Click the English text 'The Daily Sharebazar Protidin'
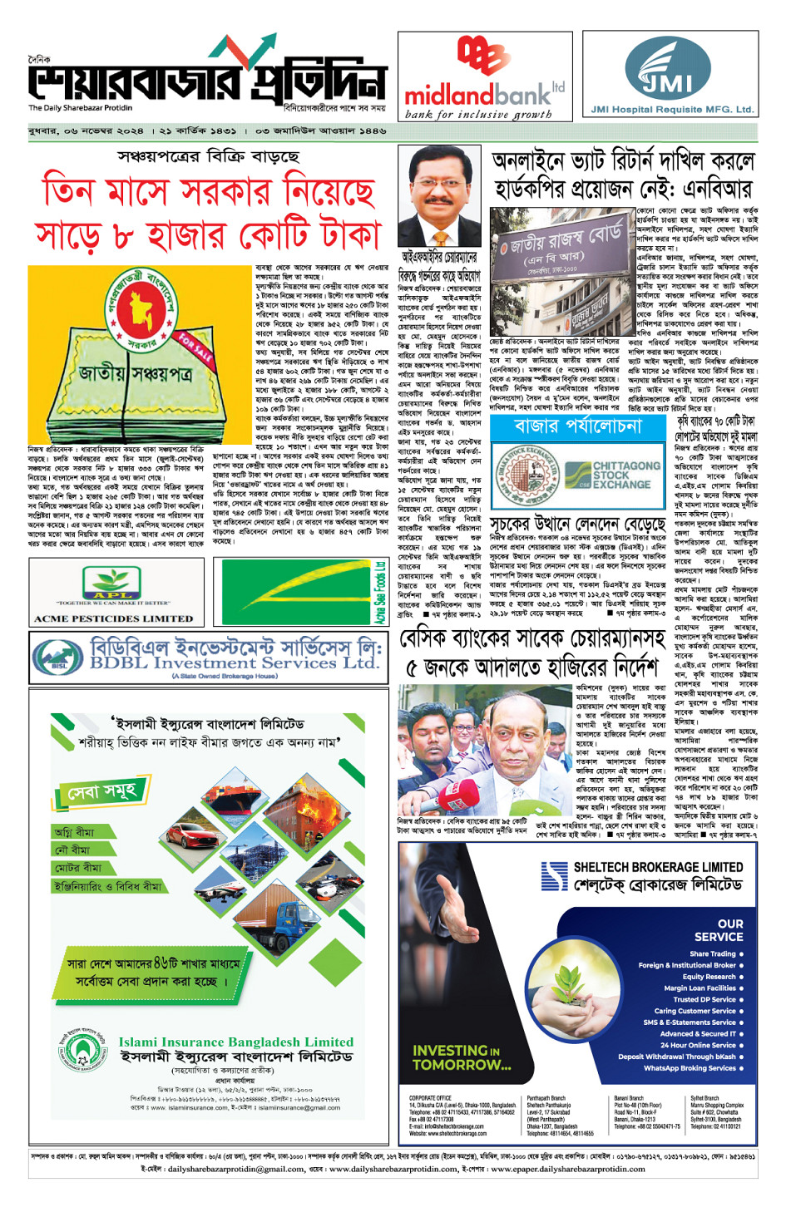click(x=80, y=108)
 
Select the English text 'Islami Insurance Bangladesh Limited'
click(x=235, y=1042)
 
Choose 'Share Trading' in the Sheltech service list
click(x=712, y=953)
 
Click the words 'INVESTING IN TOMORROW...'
click(x=462, y=1057)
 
